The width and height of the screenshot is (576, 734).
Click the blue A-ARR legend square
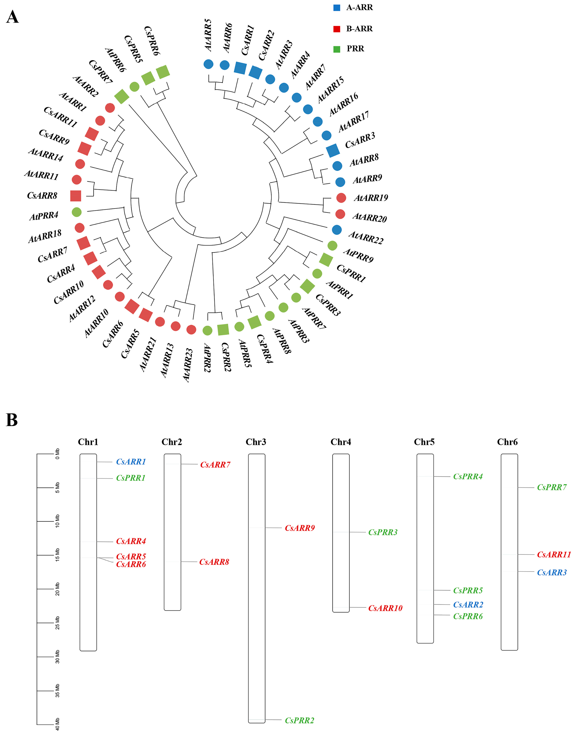pos(336,8)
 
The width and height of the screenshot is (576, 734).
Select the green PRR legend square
pos(336,49)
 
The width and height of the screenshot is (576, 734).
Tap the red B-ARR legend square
pos(336,29)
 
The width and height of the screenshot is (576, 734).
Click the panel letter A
pos(13,17)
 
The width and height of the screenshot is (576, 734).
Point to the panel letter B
pos(12,420)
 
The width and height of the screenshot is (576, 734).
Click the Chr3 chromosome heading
pos(256,442)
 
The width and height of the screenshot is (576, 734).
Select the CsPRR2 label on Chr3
pos(299,721)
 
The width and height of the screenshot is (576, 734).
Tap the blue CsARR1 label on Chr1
pos(131,462)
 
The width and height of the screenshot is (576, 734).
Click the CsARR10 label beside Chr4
pos(385,608)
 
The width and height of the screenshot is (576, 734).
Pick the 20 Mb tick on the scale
pos(46,589)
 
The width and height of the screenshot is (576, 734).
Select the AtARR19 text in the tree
pos(371,198)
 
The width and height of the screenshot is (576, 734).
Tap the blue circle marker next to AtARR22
pos(336,230)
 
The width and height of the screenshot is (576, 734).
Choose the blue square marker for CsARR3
pos(333,151)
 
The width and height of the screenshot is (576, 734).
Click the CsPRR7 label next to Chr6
pos(552,487)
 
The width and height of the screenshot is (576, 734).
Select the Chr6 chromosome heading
pos(507,442)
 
